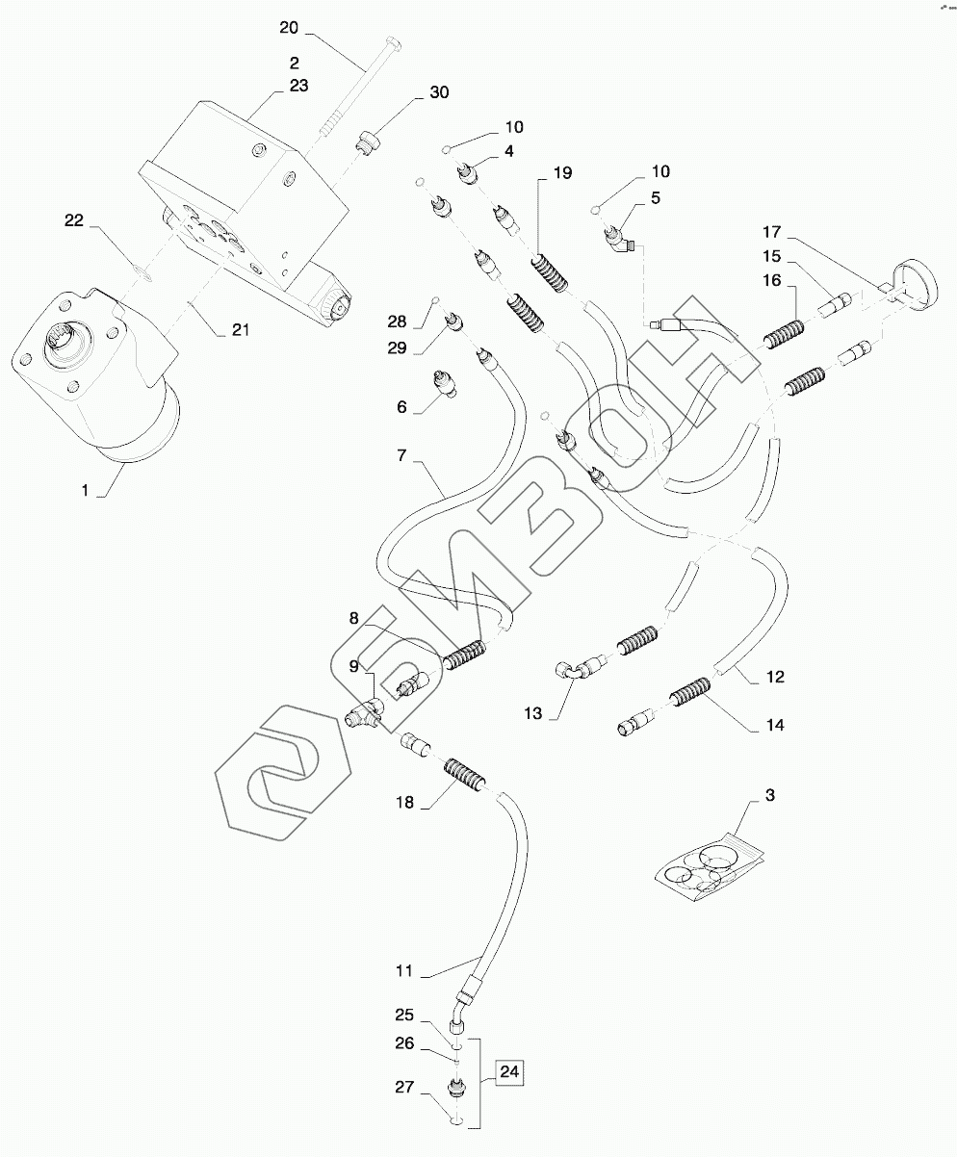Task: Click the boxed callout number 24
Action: click(508, 1071)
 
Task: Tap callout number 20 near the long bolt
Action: click(289, 28)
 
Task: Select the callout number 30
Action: click(439, 92)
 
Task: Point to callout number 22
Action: click(74, 220)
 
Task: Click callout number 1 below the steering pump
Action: click(85, 490)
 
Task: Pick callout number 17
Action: click(772, 232)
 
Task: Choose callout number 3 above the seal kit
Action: click(770, 795)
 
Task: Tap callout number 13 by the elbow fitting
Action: click(533, 713)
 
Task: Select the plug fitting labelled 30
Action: click(366, 141)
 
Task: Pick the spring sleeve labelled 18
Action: click(466, 774)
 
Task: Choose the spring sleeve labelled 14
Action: click(690, 692)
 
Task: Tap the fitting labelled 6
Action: click(444, 382)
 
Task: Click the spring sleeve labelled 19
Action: click(550, 272)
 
